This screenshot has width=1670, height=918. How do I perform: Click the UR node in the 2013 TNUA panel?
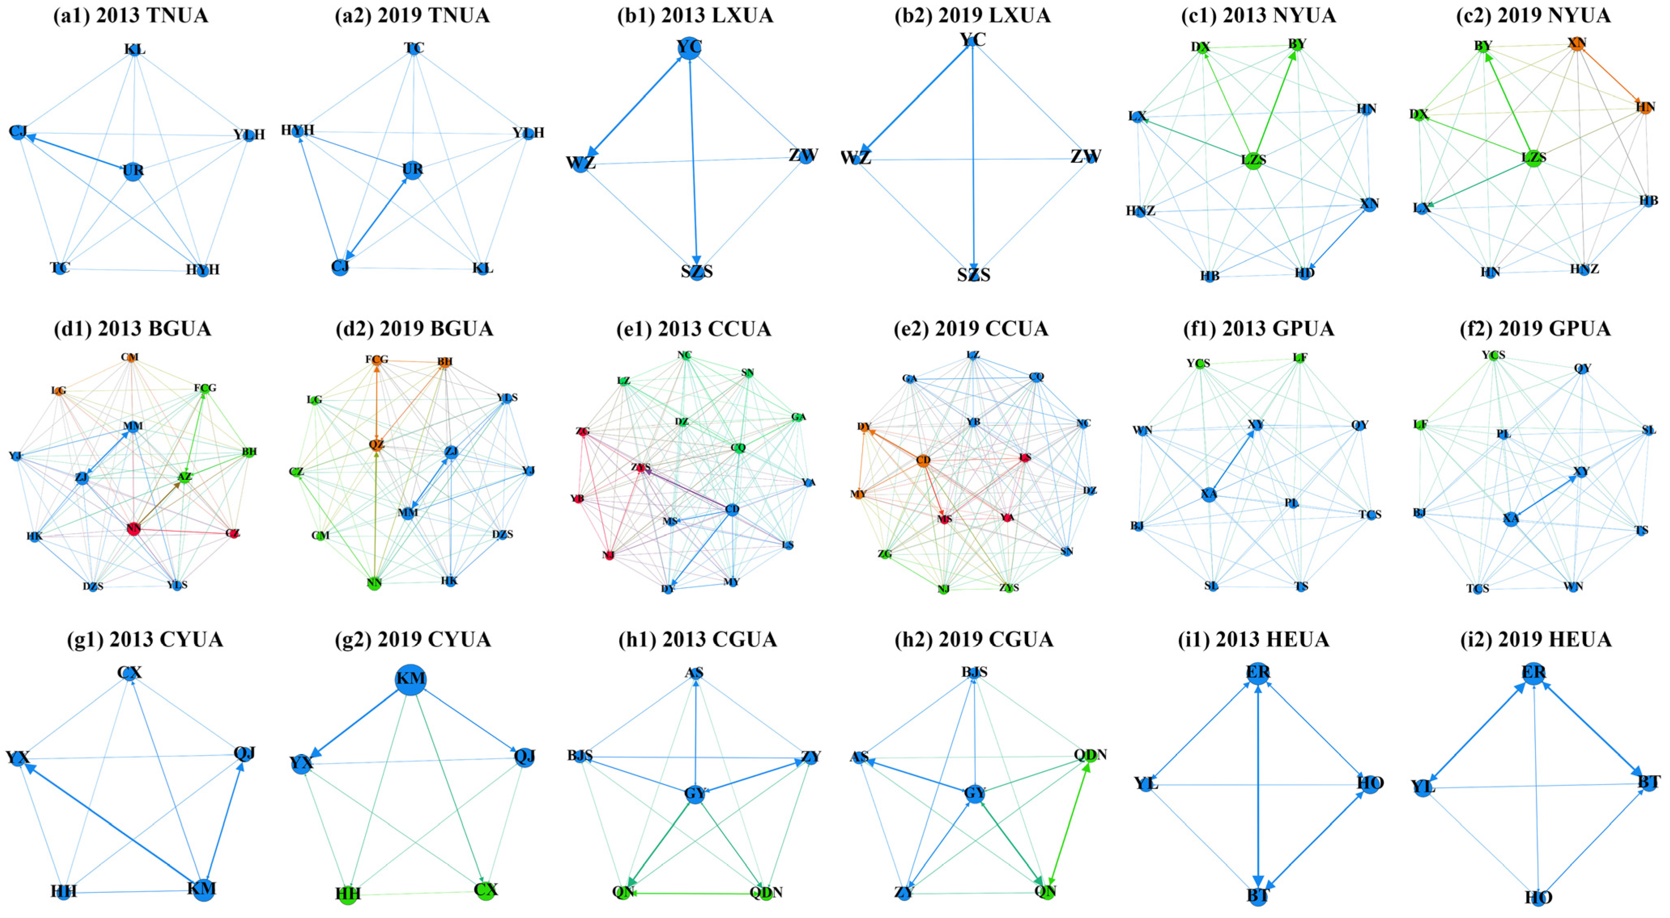tap(133, 171)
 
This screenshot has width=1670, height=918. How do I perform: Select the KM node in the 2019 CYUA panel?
tap(410, 679)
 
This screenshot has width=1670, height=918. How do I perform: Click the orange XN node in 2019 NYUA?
tap(1576, 43)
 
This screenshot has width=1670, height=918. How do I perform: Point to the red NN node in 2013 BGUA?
tap(134, 529)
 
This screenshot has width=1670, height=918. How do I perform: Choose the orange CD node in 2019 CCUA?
tap(923, 460)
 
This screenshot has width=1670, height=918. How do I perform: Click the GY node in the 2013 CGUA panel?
tap(695, 794)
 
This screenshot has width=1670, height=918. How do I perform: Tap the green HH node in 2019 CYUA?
tap(348, 895)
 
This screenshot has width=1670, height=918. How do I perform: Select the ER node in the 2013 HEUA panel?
tap(1258, 672)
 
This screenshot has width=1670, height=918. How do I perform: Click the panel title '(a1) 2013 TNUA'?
tap(131, 15)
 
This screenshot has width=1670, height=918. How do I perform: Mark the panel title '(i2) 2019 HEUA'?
tap(1535, 640)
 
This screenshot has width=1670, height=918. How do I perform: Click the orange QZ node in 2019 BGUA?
tap(377, 445)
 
